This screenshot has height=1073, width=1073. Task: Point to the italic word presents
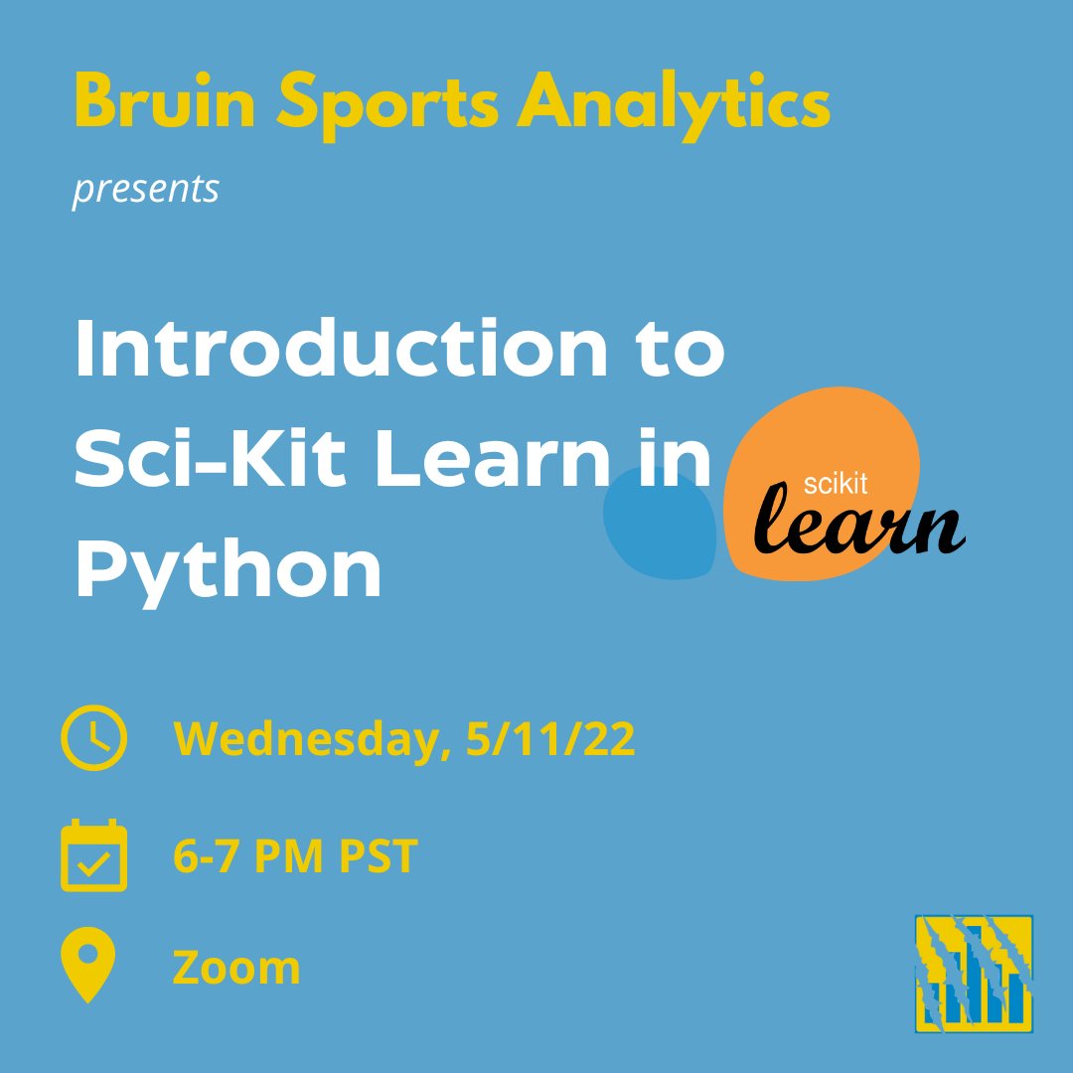(x=146, y=189)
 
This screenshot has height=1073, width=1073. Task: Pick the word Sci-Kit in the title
(x=193, y=461)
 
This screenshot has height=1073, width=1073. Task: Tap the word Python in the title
(x=228, y=571)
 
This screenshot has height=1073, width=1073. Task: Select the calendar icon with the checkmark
(x=94, y=855)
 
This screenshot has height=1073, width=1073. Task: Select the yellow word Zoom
(x=236, y=967)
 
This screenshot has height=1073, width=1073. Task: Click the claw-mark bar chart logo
(x=975, y=973)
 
